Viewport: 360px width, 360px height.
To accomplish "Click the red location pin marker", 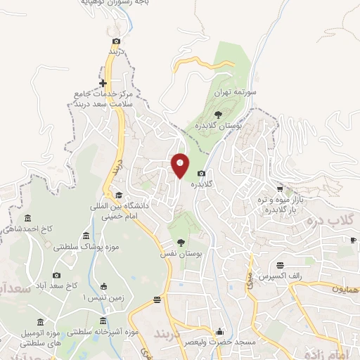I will point(181,165).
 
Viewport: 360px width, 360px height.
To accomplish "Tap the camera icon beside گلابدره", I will point(202,174).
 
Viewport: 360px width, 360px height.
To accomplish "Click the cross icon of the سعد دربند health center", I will point(103,83).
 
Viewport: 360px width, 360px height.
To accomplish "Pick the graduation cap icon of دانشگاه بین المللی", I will point(119,195).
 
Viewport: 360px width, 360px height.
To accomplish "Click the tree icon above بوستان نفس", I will point(181,243).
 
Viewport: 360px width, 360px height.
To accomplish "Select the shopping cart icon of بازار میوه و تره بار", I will point(280,188).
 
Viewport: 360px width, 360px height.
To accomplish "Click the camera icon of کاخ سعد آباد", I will point(57,275).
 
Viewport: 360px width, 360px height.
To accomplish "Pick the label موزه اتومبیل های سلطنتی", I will point(28,337).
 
